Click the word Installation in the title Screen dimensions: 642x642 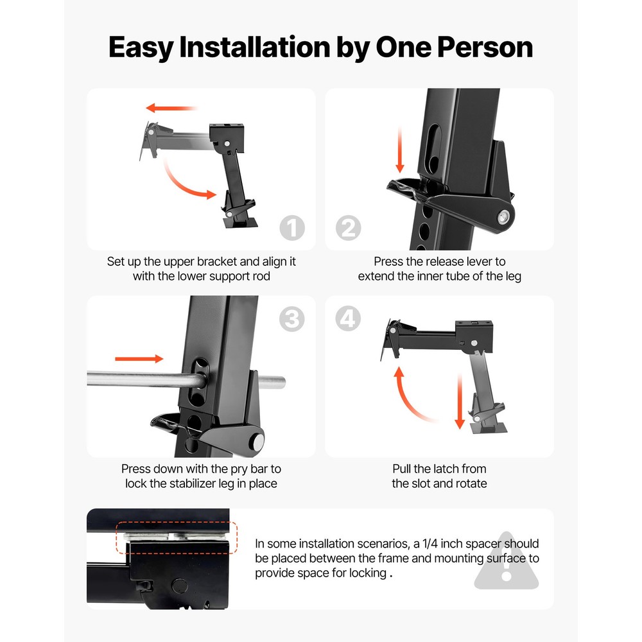pyautogui.click(x=255, y=47)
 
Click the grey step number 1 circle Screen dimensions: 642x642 pyautogui.click(x=292, y=228)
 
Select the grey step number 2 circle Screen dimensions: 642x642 pyautogui.click(x=349, y=228)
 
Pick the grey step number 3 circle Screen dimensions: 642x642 pyautogui.click(x=292, y=319)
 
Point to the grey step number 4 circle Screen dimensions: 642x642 pyautogui.click(x=348, y=318)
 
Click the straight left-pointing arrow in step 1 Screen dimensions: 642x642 pyautogui.click(x=171, y=108)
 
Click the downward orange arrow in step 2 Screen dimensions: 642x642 pyautogui.click(x=400, y=149)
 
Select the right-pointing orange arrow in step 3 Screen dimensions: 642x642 pyautogui.click(x=139, y=359)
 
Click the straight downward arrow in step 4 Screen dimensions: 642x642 pyautogui.click(x=460, y=401)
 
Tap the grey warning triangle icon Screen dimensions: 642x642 pyautogui.click(x=507, y=562)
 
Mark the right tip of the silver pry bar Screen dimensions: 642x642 pyautogui.click(x=284, y=382)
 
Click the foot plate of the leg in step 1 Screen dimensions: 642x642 pyautogui.click(x=240, y=223)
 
